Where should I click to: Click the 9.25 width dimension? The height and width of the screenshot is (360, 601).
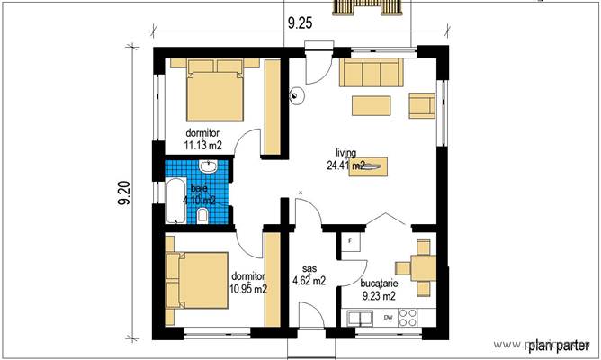coord(301,25)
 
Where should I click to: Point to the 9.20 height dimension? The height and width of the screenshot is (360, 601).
coord(125,194)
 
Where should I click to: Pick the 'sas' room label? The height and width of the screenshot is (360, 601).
coord(309,268)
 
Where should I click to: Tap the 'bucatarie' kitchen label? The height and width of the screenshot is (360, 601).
coord(378,282)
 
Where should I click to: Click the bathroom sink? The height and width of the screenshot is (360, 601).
coord(208,167)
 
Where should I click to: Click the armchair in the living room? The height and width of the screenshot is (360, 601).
coord(422,104)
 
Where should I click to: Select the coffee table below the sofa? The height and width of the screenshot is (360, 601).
coord(370,103)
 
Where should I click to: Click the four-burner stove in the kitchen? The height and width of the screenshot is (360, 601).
coord(408,317)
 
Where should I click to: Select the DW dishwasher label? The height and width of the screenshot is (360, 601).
coord(388,318)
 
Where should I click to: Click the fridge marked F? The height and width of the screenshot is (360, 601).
coord(349,242)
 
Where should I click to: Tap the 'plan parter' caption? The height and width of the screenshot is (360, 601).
coord(557,345)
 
